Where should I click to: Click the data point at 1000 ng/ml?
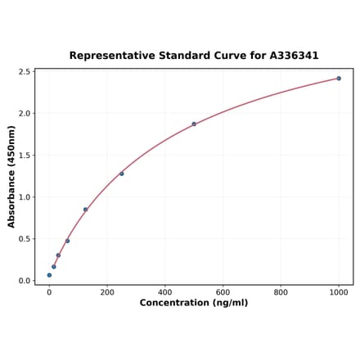coord(339,79)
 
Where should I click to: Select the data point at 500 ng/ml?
coord(194,124)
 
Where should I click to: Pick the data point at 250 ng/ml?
coord(122,174)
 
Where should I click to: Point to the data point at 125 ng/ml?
coord(85,210)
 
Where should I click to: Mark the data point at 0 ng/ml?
coord(49,275)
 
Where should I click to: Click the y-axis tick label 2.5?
coord(24,72)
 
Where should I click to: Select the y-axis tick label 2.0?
coord(24,114)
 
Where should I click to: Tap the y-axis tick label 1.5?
coord(24,156)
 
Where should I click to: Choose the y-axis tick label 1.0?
coord(24,197)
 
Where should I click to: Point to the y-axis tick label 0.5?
coord(24,239)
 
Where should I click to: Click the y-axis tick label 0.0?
coord(24,281)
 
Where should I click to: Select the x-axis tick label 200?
coord(107,292)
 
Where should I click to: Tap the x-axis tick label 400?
coord(165,292)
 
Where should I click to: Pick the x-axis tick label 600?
coord(223,292)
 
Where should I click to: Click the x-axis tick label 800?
coord(281,292)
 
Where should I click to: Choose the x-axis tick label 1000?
coord(339,292)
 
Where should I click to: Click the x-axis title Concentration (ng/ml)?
coord(194,304)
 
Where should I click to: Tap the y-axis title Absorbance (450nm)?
coord(11,176)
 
